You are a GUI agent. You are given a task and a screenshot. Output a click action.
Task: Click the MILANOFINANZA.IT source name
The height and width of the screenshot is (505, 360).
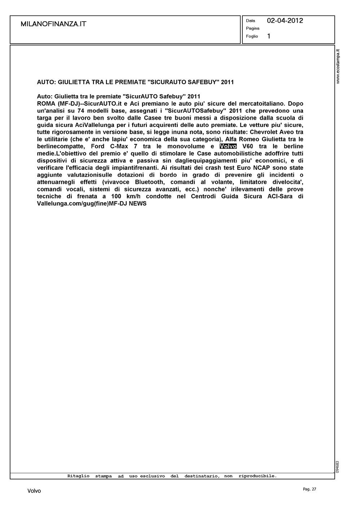point(53,24)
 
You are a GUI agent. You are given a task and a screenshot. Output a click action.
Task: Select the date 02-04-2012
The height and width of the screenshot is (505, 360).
point(285,21)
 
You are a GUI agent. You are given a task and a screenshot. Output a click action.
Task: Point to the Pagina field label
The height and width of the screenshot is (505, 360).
point(253,28)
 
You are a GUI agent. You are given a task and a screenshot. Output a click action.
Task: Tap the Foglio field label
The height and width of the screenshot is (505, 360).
point(252,36)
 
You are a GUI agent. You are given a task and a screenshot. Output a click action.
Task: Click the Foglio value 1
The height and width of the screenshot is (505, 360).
point(269,36)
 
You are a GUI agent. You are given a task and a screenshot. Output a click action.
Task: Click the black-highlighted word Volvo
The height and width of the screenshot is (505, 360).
point(228,146)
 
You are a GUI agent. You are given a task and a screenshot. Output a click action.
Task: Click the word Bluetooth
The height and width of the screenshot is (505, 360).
point(149,182)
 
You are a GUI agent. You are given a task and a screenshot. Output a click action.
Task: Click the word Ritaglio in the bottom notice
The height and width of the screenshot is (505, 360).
point(78,476)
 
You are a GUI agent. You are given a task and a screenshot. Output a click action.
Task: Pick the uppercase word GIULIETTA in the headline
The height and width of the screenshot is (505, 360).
point(74,82)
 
